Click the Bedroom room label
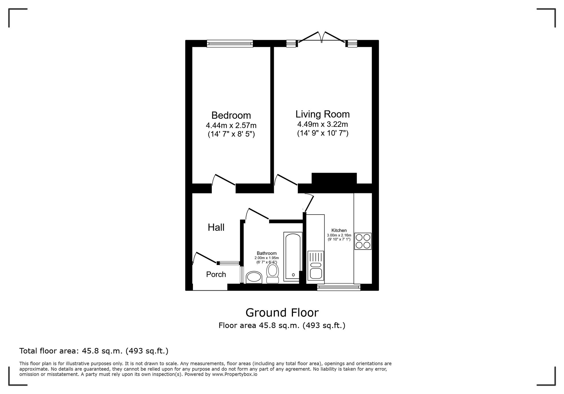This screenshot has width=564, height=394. pos(231,115)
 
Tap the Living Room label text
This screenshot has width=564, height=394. pos(322,114)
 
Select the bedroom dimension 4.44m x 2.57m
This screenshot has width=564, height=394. pos(231,125)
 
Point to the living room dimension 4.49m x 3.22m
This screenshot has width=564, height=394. pos(322,124)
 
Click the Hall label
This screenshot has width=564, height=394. pos(216,227)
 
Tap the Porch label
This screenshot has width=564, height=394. pos(216,274)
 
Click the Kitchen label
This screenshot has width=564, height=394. pos(339,230)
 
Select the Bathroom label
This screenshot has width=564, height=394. pos(266,253)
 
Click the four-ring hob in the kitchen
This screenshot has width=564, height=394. pos(363,241)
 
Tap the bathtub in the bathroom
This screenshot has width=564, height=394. pos(293,256)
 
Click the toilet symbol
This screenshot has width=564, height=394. pos(272,273)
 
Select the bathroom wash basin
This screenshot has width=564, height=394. pos(254,277)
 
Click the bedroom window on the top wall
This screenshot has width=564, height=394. pos(230,43)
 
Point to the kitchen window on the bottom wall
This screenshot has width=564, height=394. pos(339,287)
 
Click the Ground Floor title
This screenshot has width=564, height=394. pos(282,313)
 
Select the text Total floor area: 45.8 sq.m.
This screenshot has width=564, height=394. pos(94,351)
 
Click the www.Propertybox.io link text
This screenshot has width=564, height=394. pos(234,375)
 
